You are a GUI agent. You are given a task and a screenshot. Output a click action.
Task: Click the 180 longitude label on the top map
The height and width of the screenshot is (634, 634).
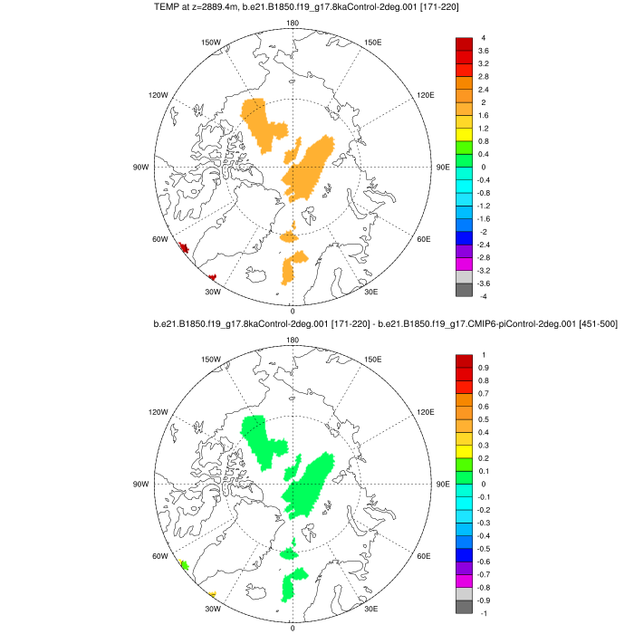tap(292, 24)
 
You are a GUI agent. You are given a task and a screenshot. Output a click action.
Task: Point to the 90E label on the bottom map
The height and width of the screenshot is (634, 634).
tap(444, 484)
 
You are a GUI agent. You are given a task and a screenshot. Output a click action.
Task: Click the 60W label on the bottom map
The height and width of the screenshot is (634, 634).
tap(160, 556)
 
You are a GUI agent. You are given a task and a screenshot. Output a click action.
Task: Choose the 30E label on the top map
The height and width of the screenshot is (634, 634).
tap(370, 292)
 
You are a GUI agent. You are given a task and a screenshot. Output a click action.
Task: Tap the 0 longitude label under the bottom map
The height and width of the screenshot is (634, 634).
tap(292, 627)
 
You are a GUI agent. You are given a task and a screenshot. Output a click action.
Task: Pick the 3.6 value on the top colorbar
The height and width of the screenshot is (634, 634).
tap(484, 51)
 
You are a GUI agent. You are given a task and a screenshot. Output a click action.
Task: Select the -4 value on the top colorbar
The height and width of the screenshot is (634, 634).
tap(483, 296)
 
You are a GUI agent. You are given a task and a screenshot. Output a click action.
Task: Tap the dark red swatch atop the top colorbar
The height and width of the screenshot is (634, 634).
tap(464, 43)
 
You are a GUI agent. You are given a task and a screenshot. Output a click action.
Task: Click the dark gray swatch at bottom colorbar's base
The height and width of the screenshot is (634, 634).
tap(464, 607)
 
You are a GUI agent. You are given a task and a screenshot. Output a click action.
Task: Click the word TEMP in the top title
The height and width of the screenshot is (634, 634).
tap(169, 8)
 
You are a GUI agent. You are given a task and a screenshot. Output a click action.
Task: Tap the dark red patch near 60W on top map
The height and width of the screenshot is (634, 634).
tap(183, 247)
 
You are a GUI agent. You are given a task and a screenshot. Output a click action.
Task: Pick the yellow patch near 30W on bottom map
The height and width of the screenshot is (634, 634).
tap(213, 594)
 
